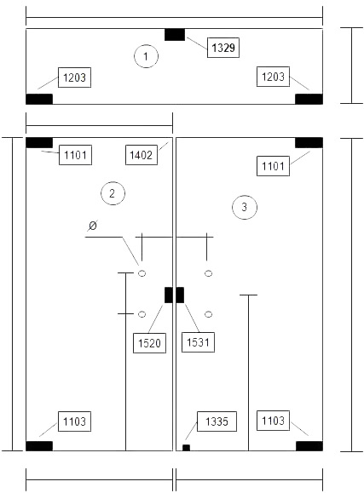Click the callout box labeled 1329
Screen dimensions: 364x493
click(x=223, y=48)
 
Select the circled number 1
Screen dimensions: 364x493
click(x=146, y=56)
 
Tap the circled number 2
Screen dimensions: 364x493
click(x=113, y=193)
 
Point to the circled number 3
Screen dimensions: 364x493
click(x=245, y=207)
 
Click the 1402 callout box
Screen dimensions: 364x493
click(x=141, y=155)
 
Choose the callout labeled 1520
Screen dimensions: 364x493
click(x=149, y=343)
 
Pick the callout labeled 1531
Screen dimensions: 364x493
click(x=198, y=342)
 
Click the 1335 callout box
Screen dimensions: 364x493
click(x=217, y=421)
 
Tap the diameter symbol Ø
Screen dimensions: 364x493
click(x=92, y=226)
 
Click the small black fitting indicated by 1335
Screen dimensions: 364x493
click(x=186, y=448)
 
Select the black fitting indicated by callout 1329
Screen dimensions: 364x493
click(x=175, y=35)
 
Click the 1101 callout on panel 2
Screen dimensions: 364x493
click(x=75, y=155)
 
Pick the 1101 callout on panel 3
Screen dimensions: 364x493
click(x=273, y=166)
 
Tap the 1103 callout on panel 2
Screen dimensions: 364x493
click(x=75, y=421)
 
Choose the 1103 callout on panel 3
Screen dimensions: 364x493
click(x=273, y=421)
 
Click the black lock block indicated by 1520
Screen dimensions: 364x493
click(x=169, y=295)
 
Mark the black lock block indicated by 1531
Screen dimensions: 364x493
click(x=180, y=295)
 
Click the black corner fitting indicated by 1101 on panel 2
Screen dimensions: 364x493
click(x=39, y=142)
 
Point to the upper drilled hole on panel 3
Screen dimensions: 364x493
click(x=208, y=273)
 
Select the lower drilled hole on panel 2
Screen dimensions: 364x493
click(x=142, y=314)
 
